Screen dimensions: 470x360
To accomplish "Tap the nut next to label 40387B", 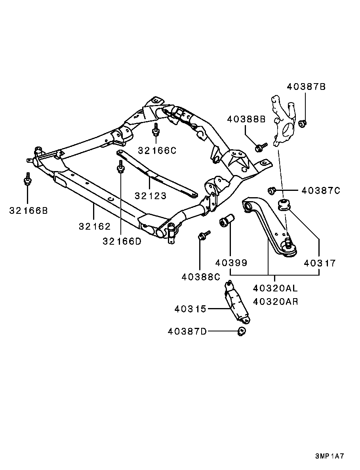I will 302,124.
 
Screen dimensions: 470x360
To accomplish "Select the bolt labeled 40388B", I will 260,148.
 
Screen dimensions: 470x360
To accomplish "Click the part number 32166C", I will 157,150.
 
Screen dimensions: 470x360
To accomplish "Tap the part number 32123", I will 150,195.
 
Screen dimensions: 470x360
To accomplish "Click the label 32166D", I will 122,241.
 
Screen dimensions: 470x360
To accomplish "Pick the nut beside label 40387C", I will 272,191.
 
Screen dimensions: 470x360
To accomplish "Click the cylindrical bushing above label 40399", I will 227,221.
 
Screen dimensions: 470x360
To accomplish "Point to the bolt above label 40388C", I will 203,236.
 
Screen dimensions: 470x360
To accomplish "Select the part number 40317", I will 320,263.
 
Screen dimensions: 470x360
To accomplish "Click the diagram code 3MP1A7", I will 330,456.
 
